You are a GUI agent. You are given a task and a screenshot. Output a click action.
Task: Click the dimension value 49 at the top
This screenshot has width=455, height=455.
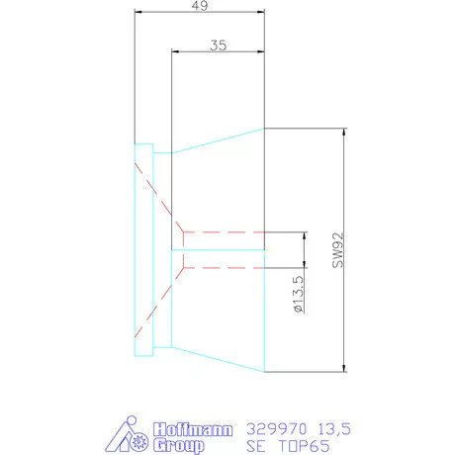(199, 6)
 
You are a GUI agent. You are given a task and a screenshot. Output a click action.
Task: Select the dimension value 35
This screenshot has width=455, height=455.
(219, 45)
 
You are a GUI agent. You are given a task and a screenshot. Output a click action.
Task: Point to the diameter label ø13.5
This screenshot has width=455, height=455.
(298, 296)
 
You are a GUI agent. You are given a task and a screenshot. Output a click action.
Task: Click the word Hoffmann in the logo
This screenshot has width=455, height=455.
(194, 429)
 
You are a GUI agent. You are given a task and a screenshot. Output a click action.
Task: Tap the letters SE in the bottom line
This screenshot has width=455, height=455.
(255, 446)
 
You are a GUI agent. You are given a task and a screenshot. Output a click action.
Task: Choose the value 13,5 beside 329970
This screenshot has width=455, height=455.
(332, 429)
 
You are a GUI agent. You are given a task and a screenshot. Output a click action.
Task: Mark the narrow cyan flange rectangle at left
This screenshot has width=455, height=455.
(143, 250)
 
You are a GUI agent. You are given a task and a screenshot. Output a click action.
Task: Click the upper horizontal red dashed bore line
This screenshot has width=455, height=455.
(223, 233)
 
